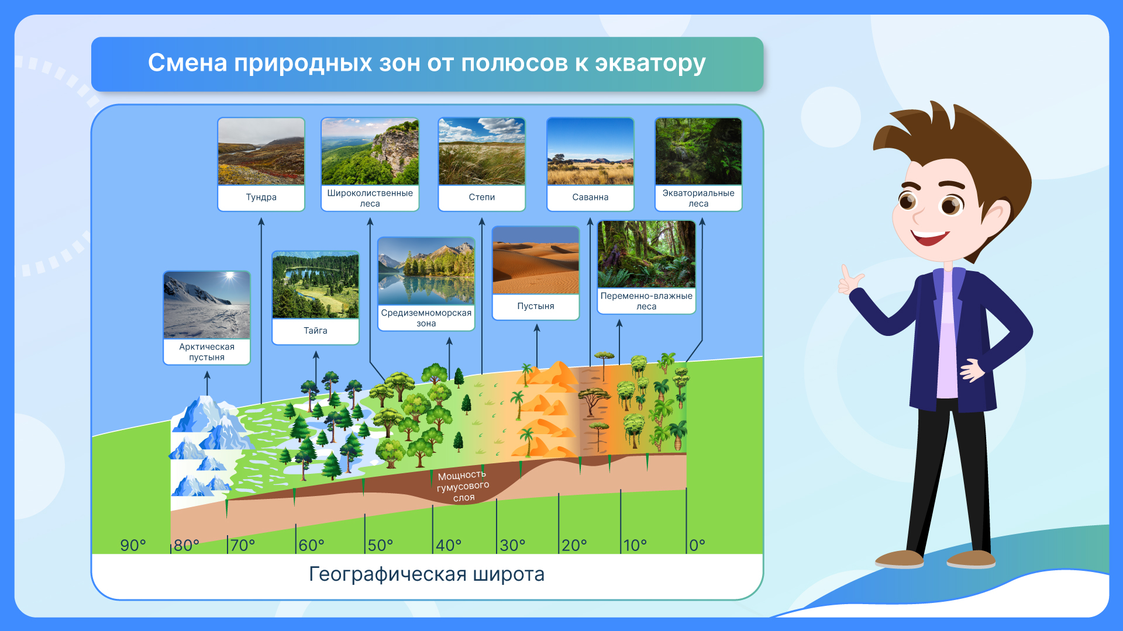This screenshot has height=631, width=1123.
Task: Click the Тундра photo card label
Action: [x=261, y=197]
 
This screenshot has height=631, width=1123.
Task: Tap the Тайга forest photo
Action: [x=316, y=285]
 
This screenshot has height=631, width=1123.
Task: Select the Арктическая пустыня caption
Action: [x=206, y=352]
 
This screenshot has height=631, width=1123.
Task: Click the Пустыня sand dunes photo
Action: [x=536, y=260]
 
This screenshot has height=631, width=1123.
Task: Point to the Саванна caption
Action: [x=590, y=197]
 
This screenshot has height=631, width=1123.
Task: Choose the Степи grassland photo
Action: [x=482, y=151]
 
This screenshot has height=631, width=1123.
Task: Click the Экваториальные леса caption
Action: [x=698, y=198]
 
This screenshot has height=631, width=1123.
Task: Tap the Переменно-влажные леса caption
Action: [x=646, y=301]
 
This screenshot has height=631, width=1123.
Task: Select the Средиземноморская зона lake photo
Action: [x=426, y=271]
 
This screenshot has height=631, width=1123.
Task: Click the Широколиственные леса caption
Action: [x=370, y=198]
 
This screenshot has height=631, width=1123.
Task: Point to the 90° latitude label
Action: [x=133, y=545]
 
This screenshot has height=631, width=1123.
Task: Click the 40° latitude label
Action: [x=449, y=545]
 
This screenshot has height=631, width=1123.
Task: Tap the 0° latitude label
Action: [x=697, y=545]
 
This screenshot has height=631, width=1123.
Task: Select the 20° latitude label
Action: [x=574, y=545]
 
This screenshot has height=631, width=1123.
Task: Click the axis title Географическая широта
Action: [x=426, y=574]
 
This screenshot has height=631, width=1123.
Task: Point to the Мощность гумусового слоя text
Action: [x=463, y=486]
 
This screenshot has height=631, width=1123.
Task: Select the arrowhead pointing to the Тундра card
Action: [x=261, y=221]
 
